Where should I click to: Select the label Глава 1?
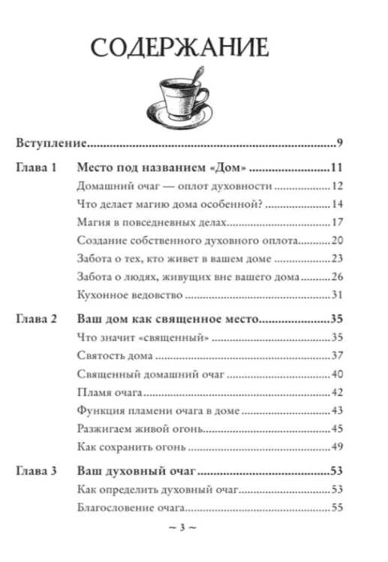tap(35, 168)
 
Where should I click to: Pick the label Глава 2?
tap(35, 319)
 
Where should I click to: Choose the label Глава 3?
tap(35, 471)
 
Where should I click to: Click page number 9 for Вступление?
tap(340, 142)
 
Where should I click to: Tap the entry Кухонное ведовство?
tap(120, 295)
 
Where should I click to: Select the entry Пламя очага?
tap(104, 392)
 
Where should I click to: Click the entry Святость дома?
tap(110, 355)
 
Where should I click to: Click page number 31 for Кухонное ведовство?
tap(337, 295)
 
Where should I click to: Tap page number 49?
tap(337, 448)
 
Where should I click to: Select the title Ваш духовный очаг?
tap(137, 471)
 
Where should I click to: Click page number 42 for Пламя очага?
tap(337, 392)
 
